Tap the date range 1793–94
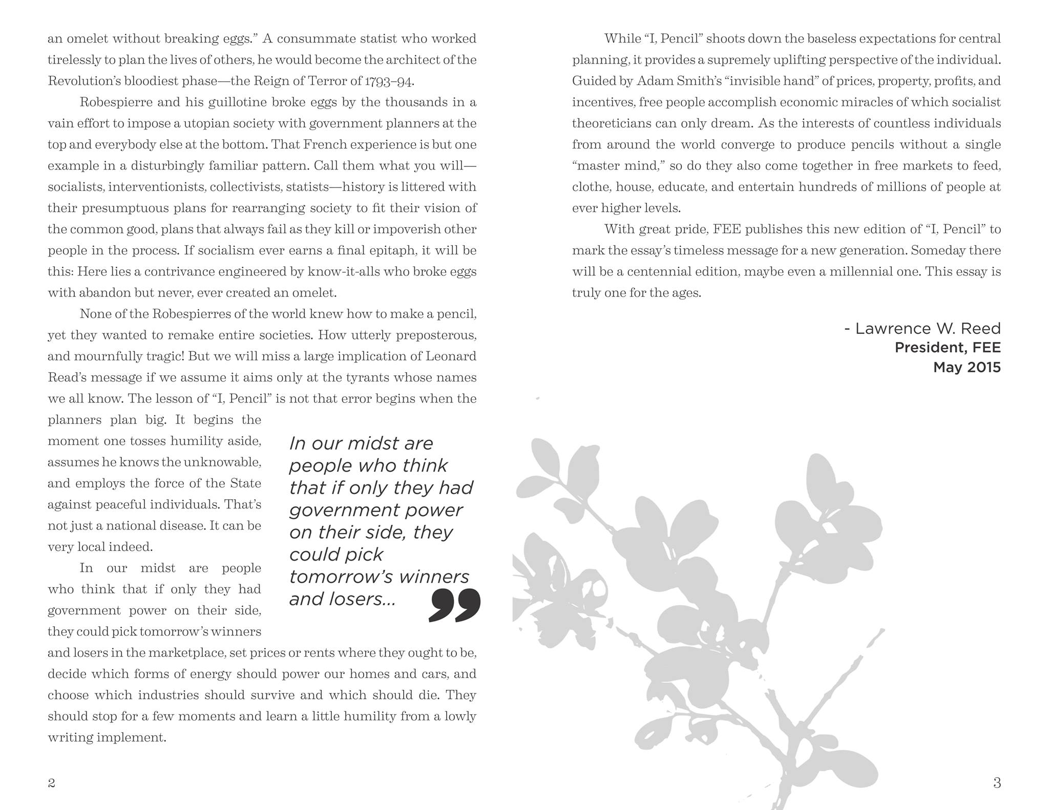click(x=389, y=81)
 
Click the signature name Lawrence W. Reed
click(x=928, y=328)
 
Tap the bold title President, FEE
click(x=947, y=348)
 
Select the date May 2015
click(x=967, y=367)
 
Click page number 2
click(x=51, y=782)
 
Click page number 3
click(x=997, y=782)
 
